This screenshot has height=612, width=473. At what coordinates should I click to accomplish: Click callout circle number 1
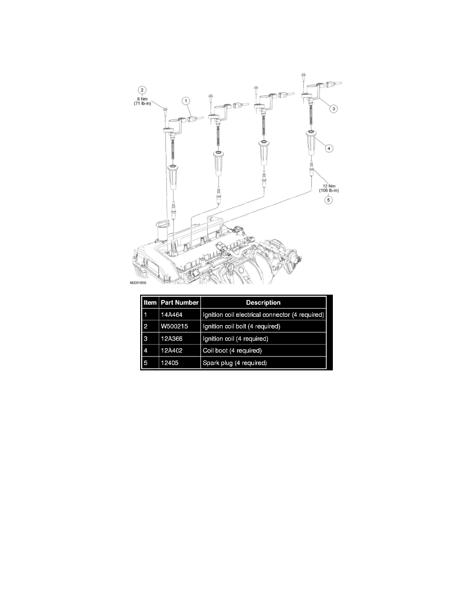pos(186,100)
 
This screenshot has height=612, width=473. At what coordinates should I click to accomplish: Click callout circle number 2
pos(142,90)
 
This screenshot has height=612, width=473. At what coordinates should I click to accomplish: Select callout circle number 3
pos(333,109)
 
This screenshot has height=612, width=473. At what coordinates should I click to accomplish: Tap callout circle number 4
pos(329,148)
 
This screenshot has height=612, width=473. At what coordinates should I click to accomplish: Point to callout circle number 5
pos(329,200)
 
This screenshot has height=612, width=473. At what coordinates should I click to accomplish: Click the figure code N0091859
pos(138,283)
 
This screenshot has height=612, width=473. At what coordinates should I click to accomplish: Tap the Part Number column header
pos(179,302)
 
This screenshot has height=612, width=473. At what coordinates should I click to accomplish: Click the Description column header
pos(263,302)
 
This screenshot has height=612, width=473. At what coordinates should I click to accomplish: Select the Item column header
pos(150,302)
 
